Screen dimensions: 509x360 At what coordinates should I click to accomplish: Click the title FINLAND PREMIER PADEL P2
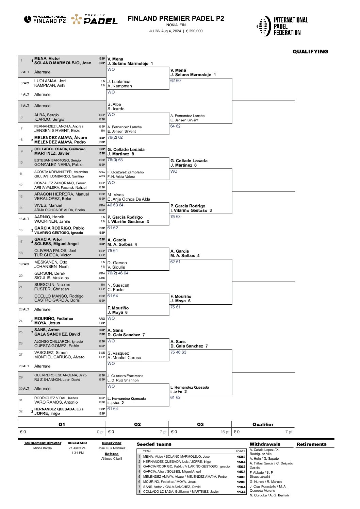click(x=176, y=19)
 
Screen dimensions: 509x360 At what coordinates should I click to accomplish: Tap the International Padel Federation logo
click(x=282, y=26)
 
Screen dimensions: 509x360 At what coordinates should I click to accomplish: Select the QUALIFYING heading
click(x=310, y=52)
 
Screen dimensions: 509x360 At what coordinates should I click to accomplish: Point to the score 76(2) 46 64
click(x=118, y=273)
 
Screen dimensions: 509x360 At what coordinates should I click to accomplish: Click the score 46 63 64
click(x=115, y=205)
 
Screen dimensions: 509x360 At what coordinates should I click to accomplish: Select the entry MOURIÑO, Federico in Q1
click(x=54, y=319)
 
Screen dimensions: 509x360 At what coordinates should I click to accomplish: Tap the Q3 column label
click(x=200, y=424)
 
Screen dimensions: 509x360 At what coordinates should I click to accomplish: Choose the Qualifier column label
click(x=263, y=424)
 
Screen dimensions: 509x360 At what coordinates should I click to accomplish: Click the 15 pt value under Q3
click(x=225, y=432)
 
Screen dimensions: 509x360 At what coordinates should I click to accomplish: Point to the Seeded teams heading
click(x=154, y=444)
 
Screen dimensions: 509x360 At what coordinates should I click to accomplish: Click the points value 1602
click(x=241, y=457)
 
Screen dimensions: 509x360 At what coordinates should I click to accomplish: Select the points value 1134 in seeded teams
click(x=241, y=492)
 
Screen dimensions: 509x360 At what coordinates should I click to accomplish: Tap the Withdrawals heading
click(x=265, y=444)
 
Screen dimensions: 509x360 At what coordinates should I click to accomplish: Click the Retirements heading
click(x=311, y=444)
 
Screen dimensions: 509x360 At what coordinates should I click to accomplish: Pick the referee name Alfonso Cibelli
click(x=112, y=459)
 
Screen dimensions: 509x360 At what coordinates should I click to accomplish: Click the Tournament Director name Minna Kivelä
click(x=43, y=448)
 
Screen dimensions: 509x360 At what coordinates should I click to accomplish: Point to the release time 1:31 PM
click(x=77, y=453)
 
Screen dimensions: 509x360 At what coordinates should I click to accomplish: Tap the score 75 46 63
click(x=178, y=352)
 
